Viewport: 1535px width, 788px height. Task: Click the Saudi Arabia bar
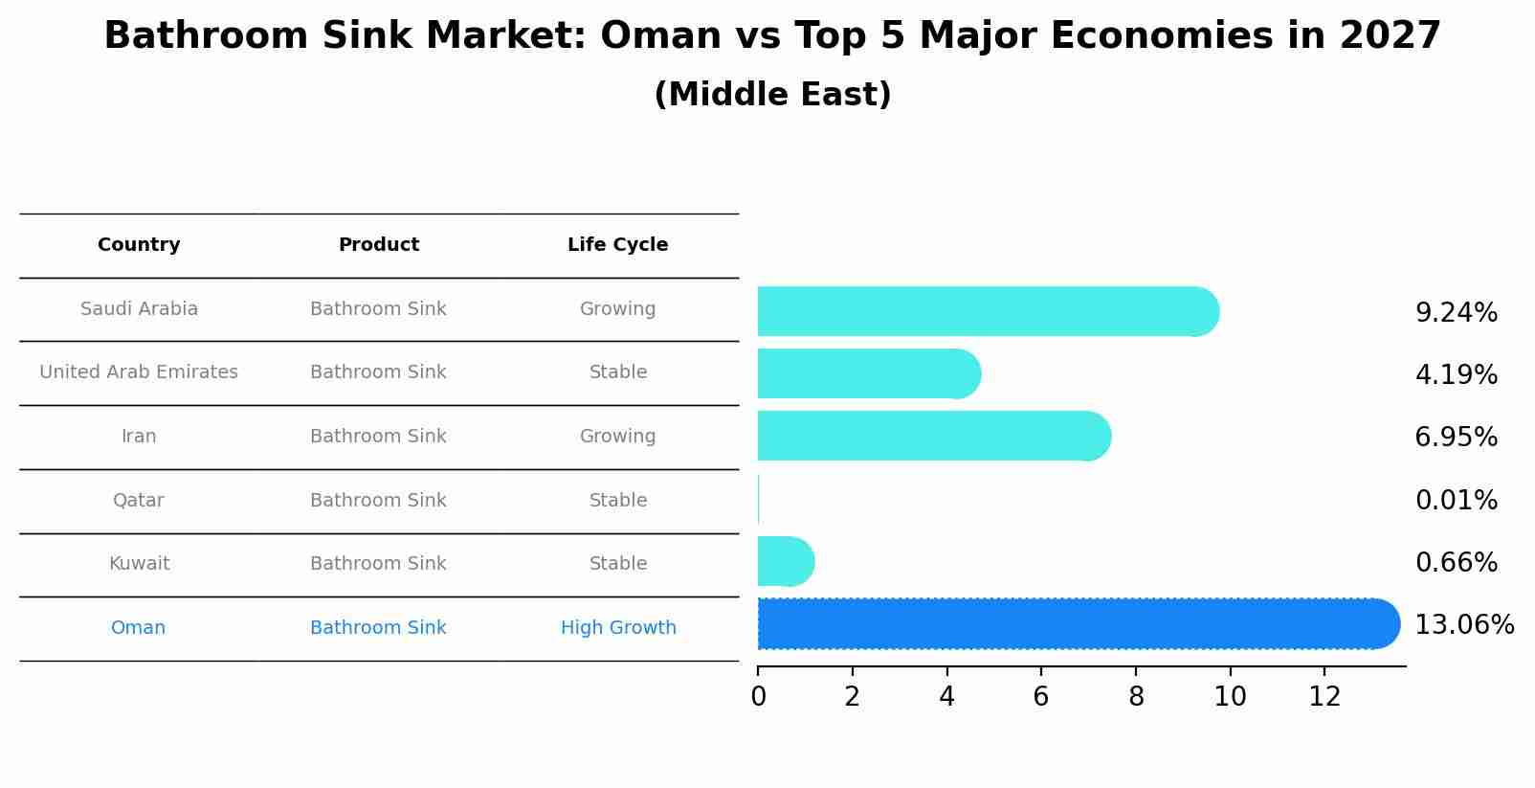pos(986,311)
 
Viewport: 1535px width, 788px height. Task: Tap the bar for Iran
pos(933,437)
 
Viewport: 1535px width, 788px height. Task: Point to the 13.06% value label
pos(1463,625)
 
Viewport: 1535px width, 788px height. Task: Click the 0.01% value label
pos(1456,500)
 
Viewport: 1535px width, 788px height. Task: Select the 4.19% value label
pos(1456,374)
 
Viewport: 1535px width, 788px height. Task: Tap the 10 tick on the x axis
pos(1230,697)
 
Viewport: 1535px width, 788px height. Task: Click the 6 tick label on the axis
pos(1041,697)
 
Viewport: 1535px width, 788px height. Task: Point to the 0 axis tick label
pos(758,697)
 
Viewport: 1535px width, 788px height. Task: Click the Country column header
pos(139,245)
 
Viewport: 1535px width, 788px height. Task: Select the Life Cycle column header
pos(617,245)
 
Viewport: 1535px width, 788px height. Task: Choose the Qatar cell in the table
pos(139,501)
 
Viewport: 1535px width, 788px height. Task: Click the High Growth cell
pos(618,628)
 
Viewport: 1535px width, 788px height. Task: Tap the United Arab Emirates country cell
pos(139,372)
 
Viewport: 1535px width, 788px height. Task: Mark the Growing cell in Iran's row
pos(617,437)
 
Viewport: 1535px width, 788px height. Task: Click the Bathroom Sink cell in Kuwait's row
pos(378,564)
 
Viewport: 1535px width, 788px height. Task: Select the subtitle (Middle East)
pos(772,95)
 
